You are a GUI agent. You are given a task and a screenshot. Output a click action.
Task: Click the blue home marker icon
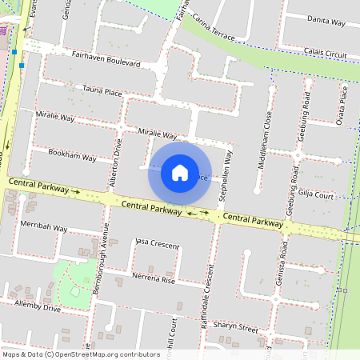coord(180,172)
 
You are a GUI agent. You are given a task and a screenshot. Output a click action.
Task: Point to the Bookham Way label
coord(72,154)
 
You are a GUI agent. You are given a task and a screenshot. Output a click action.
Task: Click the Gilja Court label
coord(315,194)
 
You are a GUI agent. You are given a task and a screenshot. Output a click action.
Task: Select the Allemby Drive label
coord(37,306)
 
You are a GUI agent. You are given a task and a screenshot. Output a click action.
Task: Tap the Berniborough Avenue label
coord(100,265)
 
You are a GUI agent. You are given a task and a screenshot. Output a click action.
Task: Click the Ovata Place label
coord(343,104)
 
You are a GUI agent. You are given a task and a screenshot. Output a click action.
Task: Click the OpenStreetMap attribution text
coord(81,354)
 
